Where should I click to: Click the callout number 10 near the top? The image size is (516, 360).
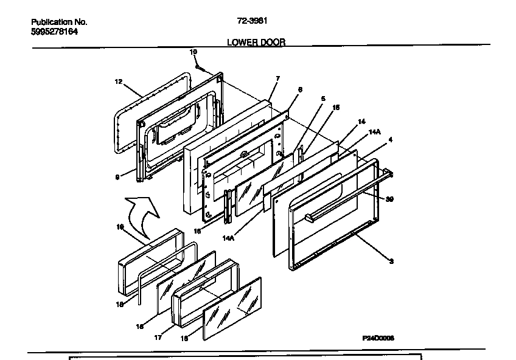coord(193,52)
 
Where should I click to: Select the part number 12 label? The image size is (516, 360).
coord(119,81)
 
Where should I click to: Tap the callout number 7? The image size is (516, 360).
coord(277,78)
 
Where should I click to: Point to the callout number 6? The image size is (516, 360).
coord(299,89)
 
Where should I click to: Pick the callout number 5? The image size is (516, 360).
coord(323,99)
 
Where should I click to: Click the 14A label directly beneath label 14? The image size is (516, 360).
coord(374,131)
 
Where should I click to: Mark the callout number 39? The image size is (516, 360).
coord(389,199)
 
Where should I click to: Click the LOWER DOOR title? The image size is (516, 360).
coord(256,43)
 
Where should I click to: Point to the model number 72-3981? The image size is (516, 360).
coord(252,20)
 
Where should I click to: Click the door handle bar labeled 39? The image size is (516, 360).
coord(347,195)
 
